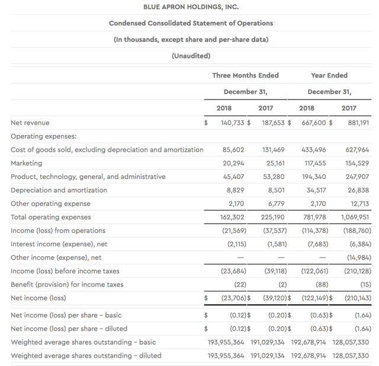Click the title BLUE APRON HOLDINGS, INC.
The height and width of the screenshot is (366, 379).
(191, 8)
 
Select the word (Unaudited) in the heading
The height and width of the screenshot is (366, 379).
(191, 56)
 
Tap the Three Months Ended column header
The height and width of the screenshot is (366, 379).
(245, 75)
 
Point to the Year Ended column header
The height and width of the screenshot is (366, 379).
(329, 75)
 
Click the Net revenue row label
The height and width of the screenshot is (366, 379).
(30, 123)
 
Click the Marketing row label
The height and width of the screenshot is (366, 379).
(27, 163)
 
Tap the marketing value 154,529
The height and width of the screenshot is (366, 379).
(356, 163)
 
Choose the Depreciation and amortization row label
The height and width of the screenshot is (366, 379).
(59, 190)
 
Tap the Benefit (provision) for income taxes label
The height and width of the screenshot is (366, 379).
(67, 284)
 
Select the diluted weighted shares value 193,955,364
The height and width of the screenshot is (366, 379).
(230, 355)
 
